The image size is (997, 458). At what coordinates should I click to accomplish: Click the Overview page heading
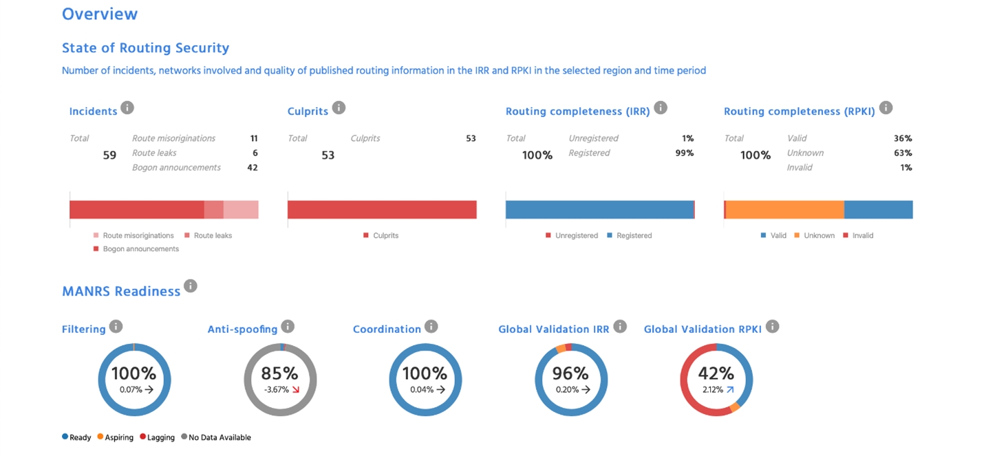100,14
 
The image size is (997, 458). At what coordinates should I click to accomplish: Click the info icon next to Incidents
127,108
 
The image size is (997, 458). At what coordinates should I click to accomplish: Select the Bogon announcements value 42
253,167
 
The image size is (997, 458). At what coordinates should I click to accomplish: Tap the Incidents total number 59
109,155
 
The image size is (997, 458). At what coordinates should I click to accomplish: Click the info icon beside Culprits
339,108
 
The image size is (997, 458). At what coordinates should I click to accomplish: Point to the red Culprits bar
382,210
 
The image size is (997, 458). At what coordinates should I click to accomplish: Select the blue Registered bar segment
599,210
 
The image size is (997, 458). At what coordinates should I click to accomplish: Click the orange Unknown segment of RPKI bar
784,210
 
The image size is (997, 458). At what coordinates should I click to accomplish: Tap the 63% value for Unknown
903,153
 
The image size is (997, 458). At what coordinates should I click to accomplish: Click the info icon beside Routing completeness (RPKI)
886,108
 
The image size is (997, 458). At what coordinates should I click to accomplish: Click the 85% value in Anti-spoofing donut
279,373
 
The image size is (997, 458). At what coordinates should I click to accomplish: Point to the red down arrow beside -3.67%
296,389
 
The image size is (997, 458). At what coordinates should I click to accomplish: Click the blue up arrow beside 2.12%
729,389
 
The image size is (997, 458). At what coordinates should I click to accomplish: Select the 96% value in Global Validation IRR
570,373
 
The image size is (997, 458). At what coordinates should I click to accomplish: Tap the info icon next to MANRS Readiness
191,286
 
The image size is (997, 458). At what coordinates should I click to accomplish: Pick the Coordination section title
387,329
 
